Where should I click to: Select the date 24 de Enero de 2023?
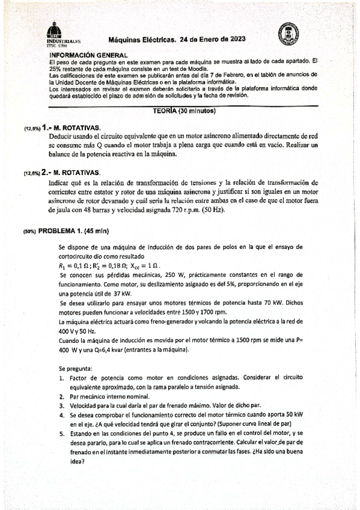click(212, 40)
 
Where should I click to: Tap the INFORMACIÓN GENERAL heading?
click(87, 55)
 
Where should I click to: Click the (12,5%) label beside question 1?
click(32, 129)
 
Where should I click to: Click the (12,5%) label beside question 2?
click(32, 173)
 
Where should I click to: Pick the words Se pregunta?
click(75, 367)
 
